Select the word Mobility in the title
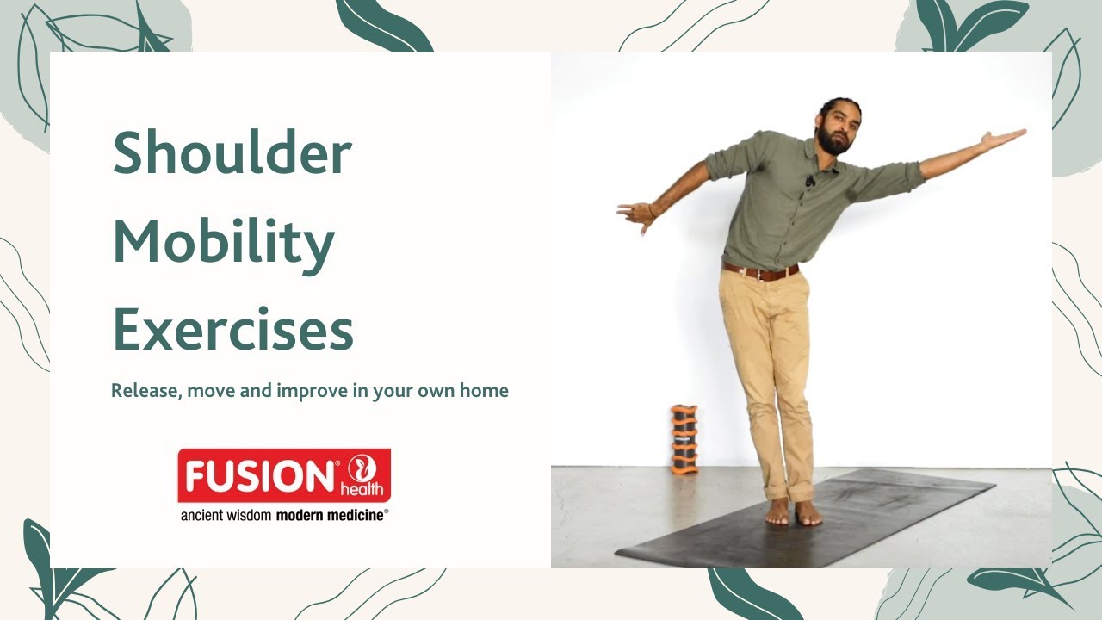click(x=223, y=245)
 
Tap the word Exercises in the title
click(x=232, y=330)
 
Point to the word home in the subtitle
click(x=486, y=391)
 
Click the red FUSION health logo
click(x=284, y=474)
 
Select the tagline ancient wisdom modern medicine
click(x=284, y=515)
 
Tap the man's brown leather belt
click(x=761, y=273)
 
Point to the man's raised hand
click(x=1005, y=137)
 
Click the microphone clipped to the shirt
click(x=810, y=181)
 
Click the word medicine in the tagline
click(x=352, y=515)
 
